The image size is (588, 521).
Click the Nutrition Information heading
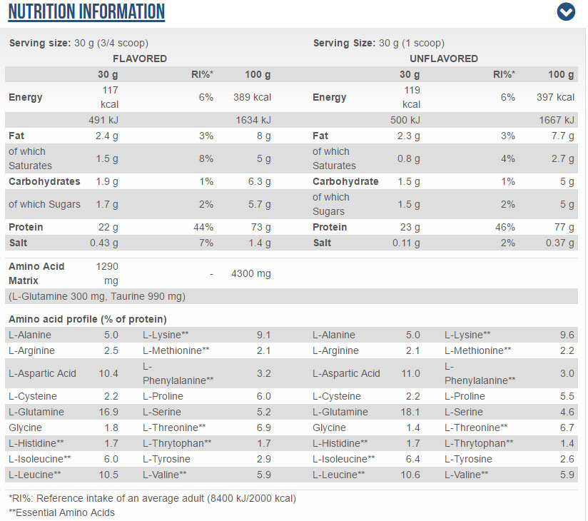tap(86, 11)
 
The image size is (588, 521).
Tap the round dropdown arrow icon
tap(566, 11)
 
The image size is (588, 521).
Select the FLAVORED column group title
tap(140, 59)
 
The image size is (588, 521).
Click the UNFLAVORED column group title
tap(444, 59)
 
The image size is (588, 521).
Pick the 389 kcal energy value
tap(252, 97)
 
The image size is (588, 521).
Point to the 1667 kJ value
tap(557, 120)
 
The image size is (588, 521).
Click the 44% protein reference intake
tap(203, 227)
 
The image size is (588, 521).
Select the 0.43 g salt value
tap(104, 243)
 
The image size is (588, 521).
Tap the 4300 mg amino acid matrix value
tap(251, 273)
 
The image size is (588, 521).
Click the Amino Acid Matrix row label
tap(36, 273)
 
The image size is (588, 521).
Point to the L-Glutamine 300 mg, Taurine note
tap(97, 296)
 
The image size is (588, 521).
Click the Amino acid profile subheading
tap(88, 319)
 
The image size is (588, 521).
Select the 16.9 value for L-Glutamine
tap(108, 412)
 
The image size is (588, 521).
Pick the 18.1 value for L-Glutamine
tap(410, 412)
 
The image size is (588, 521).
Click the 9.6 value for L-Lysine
tap(567, 335)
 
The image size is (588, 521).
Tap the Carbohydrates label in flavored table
tap(44, 181)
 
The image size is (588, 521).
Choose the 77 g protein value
tap(564, 227)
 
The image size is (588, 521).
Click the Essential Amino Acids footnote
tap(61, 512)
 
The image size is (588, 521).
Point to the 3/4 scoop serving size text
tap(123, 43)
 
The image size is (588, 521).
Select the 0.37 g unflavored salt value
tap(560, 243)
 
